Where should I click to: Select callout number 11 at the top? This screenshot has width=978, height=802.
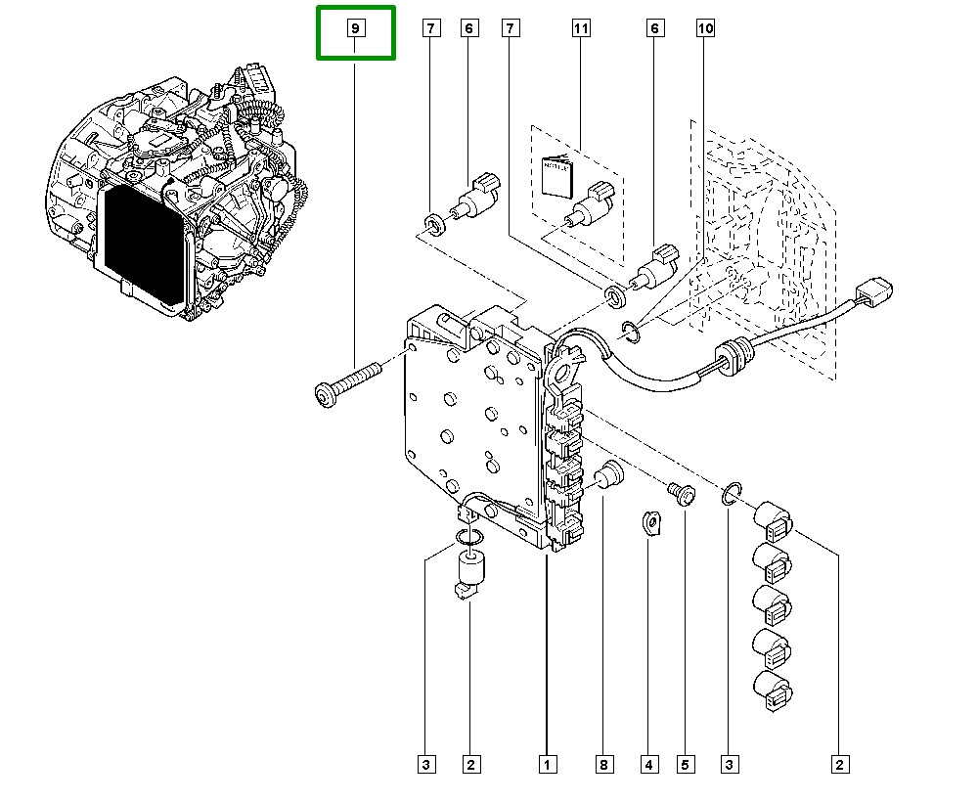click(x=581, y=29)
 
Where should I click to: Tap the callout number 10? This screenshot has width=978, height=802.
click(x=705, y=29)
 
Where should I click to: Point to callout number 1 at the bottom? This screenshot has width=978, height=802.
click(x=546, y=764)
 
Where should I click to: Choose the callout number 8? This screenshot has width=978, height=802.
click(x=604, y=764)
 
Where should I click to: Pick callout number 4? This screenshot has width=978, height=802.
click(x=648, y=764)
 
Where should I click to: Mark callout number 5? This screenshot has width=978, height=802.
click(x=685, y=764)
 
